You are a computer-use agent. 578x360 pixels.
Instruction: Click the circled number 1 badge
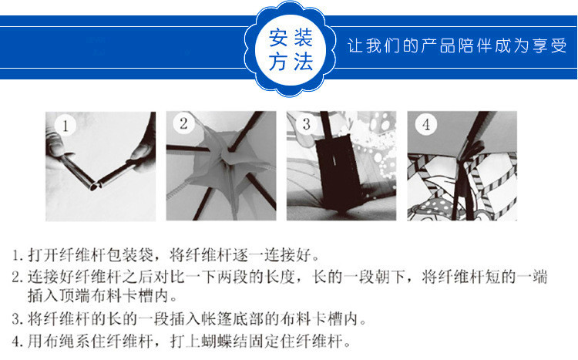(66, 126)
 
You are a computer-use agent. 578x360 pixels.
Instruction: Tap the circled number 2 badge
(184, 123)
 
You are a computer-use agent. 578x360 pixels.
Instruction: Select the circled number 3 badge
(306, 124)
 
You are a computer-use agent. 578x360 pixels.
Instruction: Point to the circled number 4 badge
(426, 124)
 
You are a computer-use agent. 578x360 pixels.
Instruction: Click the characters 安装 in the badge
(291, 38)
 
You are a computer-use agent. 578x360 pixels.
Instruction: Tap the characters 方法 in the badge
(291, 61)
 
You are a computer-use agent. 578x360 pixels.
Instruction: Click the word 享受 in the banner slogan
(549, 45)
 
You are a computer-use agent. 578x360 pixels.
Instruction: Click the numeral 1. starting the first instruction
(18, 255)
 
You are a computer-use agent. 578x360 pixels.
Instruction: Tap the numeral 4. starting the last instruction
(18, 341)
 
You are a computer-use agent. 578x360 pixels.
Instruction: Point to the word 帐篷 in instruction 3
(217, 319)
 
